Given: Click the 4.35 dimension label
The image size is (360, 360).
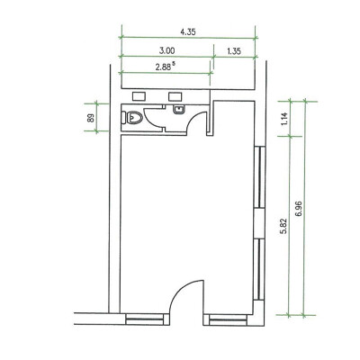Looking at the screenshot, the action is point(188,31).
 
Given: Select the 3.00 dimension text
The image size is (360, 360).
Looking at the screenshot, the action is point(166,50).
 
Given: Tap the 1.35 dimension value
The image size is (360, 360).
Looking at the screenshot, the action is point(234,51).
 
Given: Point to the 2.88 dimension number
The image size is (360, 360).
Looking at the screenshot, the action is point(163,67).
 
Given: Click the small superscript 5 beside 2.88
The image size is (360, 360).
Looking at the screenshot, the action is point(174,64).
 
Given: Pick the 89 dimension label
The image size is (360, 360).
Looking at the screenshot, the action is point(91,117).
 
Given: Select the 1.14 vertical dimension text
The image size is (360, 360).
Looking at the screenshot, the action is point(285,119).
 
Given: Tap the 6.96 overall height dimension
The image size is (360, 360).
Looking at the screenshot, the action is point(299,208).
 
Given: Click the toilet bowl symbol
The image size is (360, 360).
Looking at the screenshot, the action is point(131,117).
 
